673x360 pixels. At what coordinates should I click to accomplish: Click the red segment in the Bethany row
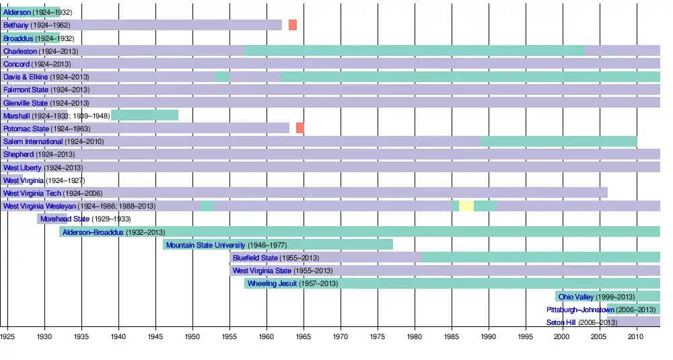pyautogui.click(x=293, y=25)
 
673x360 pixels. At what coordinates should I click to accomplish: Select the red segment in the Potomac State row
pyautogui.click(x=300, y=128)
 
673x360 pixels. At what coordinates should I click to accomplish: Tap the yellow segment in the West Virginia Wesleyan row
pyautogui.click(x=466, y=206)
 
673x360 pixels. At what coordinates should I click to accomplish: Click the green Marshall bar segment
pyautogui.click(x=145, y=115)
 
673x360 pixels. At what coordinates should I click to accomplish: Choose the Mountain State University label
pyautogui.click(x=206, y=245)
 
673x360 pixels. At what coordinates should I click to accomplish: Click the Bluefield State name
pyautogui.click(x=255, y=258)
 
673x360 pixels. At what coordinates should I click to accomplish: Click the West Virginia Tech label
pyautogui.click(x=32, y=193)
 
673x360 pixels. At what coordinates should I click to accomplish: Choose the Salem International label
pyautogui.click(x=33, y=141)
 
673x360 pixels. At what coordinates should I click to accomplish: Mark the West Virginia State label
pyautogui.click(x=262, y=271)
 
